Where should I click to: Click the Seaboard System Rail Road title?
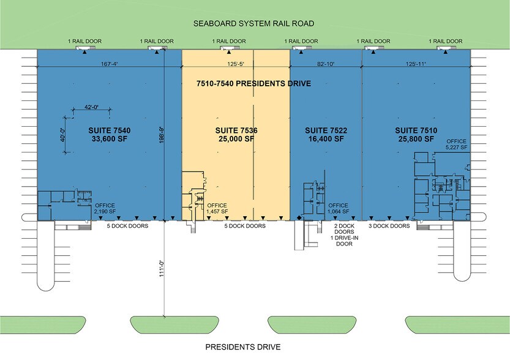tap(253, 24)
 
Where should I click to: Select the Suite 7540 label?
tap(110, 134)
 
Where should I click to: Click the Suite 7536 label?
tap(235, 134)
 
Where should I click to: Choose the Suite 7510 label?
tap(414, 134)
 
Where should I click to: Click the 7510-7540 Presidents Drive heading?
tap(253, 83)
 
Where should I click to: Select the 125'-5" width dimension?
tap(235, 63)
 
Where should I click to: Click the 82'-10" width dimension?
tap(325, 63)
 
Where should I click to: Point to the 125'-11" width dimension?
tap(416, 63)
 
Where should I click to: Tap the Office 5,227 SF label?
tap(456, 144)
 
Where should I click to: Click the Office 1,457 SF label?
tap(217, 208)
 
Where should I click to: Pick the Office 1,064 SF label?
tap(339, 208)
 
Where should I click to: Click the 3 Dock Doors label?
tap(391, 226)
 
